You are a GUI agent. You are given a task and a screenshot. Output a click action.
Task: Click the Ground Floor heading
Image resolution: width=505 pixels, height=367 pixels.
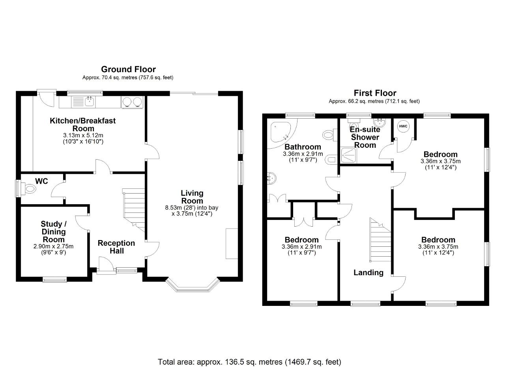128,69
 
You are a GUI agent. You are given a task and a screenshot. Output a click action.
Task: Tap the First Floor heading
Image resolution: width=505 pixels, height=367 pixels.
375,93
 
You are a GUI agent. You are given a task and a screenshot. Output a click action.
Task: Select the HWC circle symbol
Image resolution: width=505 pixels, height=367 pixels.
403,126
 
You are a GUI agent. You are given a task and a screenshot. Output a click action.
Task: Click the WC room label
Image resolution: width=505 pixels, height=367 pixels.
41,181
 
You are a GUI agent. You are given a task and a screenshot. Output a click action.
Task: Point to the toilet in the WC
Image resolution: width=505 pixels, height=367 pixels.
29,188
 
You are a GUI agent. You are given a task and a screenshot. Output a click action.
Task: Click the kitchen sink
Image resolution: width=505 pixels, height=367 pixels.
90,102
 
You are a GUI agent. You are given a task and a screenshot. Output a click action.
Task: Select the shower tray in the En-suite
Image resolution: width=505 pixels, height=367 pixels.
349,155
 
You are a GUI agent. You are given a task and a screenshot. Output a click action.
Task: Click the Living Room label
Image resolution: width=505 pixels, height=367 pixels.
192,197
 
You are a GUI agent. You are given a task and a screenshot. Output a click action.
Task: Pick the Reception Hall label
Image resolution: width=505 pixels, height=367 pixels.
116,247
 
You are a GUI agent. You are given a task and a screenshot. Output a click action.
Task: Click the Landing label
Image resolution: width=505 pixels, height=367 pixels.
368,273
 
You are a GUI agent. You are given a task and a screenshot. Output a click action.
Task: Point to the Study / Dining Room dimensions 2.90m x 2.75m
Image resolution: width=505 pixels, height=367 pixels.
53,246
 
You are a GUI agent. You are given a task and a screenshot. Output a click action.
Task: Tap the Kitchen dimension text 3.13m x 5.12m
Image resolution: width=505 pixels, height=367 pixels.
83,135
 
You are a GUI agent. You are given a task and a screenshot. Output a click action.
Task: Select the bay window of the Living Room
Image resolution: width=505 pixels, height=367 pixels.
193,285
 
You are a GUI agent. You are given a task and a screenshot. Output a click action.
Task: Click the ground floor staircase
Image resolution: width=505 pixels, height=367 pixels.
134,210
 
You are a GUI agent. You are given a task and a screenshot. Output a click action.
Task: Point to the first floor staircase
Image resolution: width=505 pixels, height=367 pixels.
380,240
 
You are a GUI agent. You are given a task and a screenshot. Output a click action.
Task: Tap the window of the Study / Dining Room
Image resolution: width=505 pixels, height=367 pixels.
55,279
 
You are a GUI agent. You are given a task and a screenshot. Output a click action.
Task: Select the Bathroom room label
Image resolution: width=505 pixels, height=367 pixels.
303,147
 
